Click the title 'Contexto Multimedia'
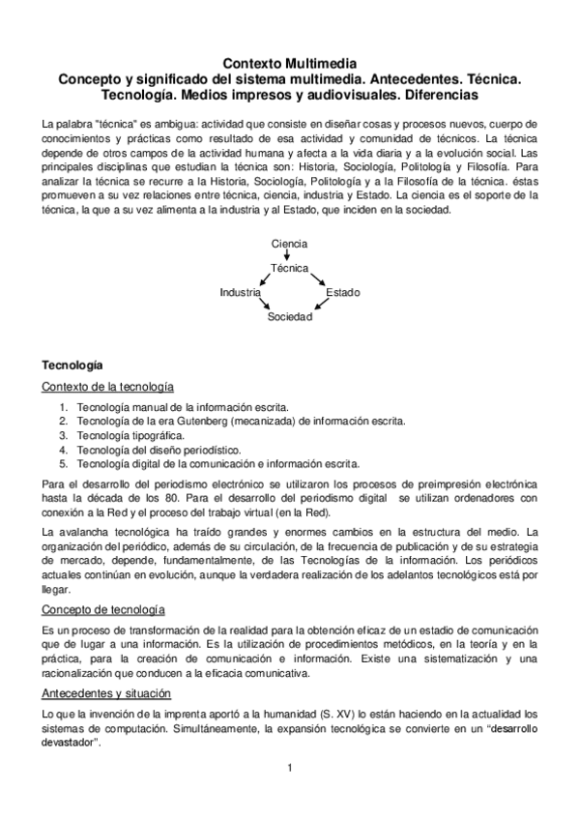289,61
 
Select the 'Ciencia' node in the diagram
289,245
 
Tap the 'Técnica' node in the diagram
289,268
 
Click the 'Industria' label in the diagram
240,291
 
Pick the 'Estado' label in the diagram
343,291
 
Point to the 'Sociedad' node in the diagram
290,315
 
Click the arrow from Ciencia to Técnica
287,256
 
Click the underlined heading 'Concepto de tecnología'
103,609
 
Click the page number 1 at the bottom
289,768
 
